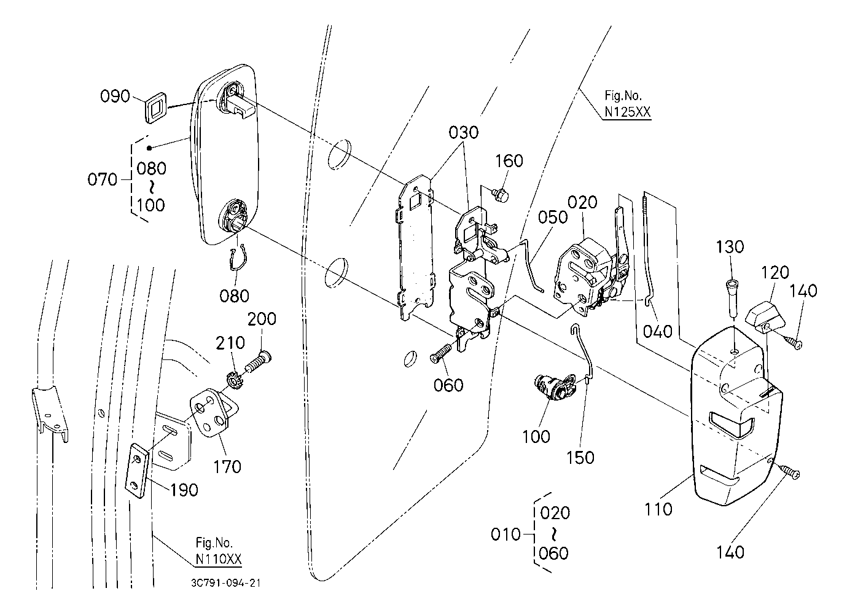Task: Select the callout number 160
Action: [x=509, y=161]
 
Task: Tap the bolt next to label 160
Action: [x=501, y=196]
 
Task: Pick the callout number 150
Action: [x=580, y=458]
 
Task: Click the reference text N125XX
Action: [x=626, y=112]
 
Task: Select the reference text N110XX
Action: [x=219, y=559]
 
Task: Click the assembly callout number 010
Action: [x=505, y=534]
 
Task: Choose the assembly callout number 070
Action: [x=101, y=180]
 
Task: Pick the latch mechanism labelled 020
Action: [x=587, y=276]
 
